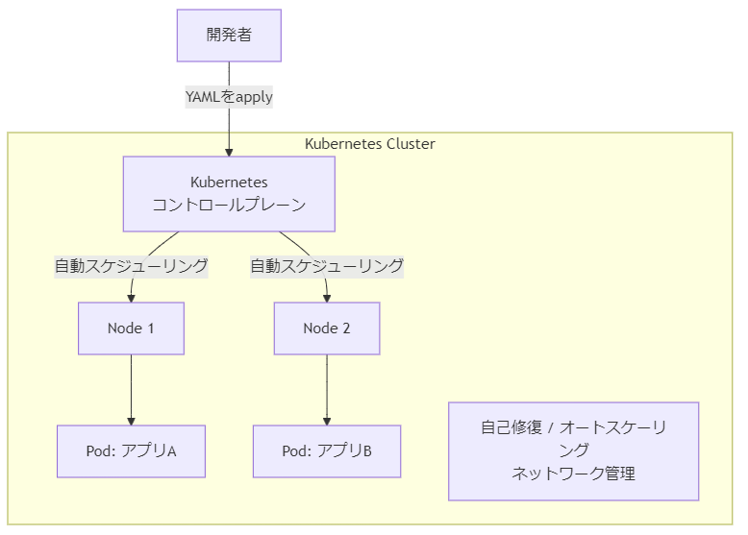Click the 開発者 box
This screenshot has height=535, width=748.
pos(229,36)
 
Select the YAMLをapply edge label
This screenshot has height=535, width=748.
pos(229,97)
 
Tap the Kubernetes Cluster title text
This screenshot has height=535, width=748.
pos(370,144)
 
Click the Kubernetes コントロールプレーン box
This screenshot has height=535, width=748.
pos(229,194)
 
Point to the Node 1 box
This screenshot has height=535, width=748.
pos(131,328)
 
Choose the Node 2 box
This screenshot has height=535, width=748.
pos(327,328)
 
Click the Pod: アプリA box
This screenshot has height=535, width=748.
pos(131,451)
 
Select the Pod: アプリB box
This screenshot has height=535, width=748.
pos(327,451)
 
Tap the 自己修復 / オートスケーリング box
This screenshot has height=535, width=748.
pos(573,451)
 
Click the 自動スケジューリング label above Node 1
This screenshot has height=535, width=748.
pos(131,266)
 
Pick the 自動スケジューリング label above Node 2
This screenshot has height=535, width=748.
pos(327,266)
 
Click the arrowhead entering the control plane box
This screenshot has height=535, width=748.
pos(229,153)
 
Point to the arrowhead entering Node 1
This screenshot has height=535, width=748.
pos(131,298)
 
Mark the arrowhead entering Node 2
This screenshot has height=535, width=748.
pos(327,298)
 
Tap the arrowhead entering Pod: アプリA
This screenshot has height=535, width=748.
pos(131,421)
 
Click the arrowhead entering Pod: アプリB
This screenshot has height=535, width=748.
pos(327,421)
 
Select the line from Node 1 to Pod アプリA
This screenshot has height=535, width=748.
pos(131,390)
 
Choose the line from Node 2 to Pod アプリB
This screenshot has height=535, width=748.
pos(327,390)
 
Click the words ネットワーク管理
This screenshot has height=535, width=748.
pos(573,474)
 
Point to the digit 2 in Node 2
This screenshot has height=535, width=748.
pos(346,328)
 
